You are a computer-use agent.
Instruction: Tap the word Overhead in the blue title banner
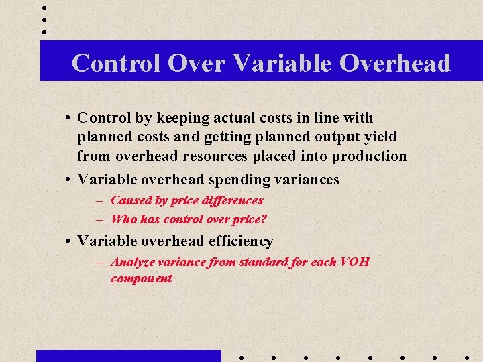395,63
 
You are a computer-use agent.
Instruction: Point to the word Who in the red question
123,219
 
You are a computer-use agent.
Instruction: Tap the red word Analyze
131,262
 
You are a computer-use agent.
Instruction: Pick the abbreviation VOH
354,262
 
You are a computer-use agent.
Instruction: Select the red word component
142,278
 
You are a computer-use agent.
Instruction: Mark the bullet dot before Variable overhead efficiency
69,241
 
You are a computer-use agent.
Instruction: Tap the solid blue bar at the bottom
128,355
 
